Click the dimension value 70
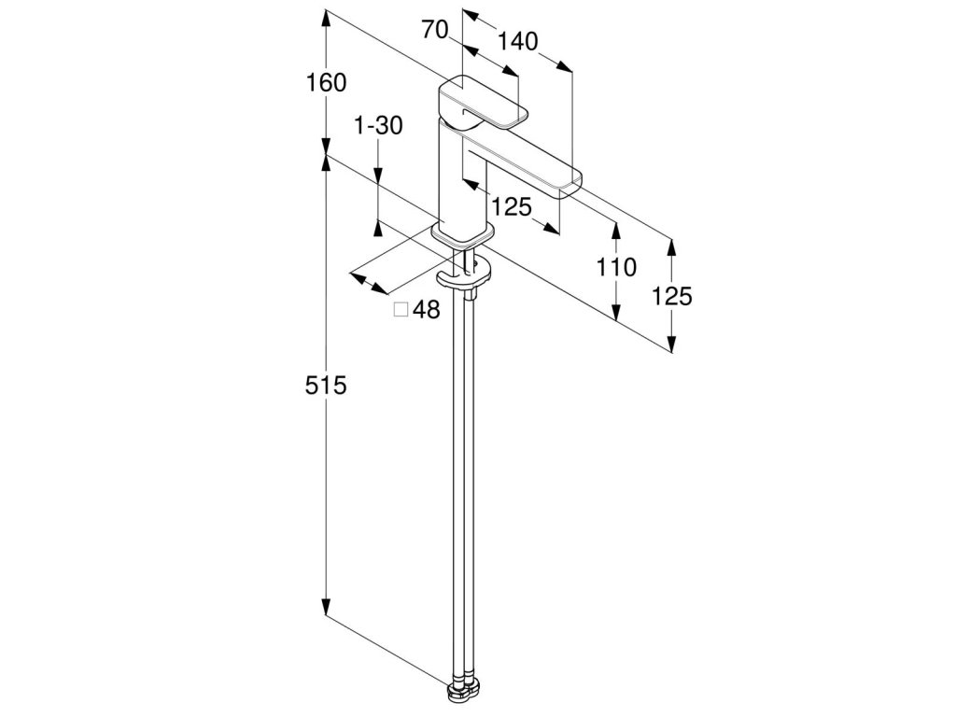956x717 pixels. point(435,30)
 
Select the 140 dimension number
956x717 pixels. point(518,41)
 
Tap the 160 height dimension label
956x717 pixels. point(326,83)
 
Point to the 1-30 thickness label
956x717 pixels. point(379,126)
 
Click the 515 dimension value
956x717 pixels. point(326,385)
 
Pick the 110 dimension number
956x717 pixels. point(616,268)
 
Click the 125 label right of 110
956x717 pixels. point(672,296)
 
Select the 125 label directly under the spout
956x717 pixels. point(511,207)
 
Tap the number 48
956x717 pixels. point(426,311)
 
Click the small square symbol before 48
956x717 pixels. point(401,311)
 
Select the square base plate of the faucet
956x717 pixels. point(460,237)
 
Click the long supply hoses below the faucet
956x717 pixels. point(464,485)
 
